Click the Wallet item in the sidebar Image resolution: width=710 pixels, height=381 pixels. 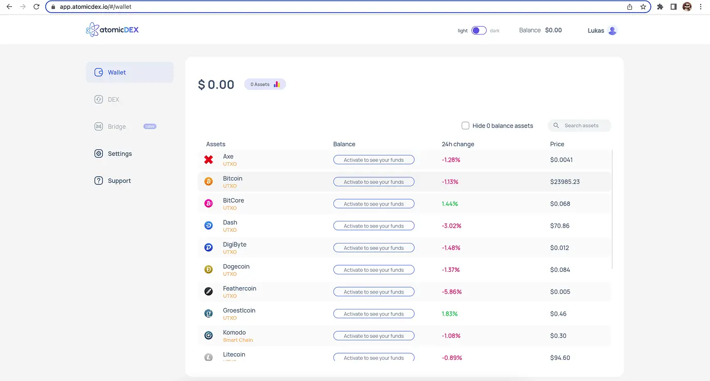tap(117, 73)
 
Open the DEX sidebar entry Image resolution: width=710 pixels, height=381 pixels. tap(113, 99)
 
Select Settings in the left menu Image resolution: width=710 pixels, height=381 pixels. tap(119, 153)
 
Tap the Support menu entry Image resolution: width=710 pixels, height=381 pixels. tap(119, 181)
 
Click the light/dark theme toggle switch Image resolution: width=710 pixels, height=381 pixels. tap(479, 30)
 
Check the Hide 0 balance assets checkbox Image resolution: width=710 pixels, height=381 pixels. tap(466, 126)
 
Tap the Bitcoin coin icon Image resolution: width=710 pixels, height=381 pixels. tap(208, 182)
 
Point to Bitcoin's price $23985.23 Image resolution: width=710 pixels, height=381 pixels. tap(565, 182)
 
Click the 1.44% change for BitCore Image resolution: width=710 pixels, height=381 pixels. tap(450, 204)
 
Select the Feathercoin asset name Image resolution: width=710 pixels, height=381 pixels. tap(239, 288)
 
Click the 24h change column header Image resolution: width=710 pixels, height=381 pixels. tap(458, 144)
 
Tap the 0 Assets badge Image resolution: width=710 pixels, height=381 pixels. tap(265, 84)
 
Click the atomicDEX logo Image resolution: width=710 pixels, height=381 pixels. tap(113, 30)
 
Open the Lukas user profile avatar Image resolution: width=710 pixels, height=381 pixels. tap(612, 30)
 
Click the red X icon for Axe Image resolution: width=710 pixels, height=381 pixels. tap(208, 160)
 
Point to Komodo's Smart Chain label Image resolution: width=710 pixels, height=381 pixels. tap(238, 340)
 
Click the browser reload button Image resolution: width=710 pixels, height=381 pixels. tap(37, 7)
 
